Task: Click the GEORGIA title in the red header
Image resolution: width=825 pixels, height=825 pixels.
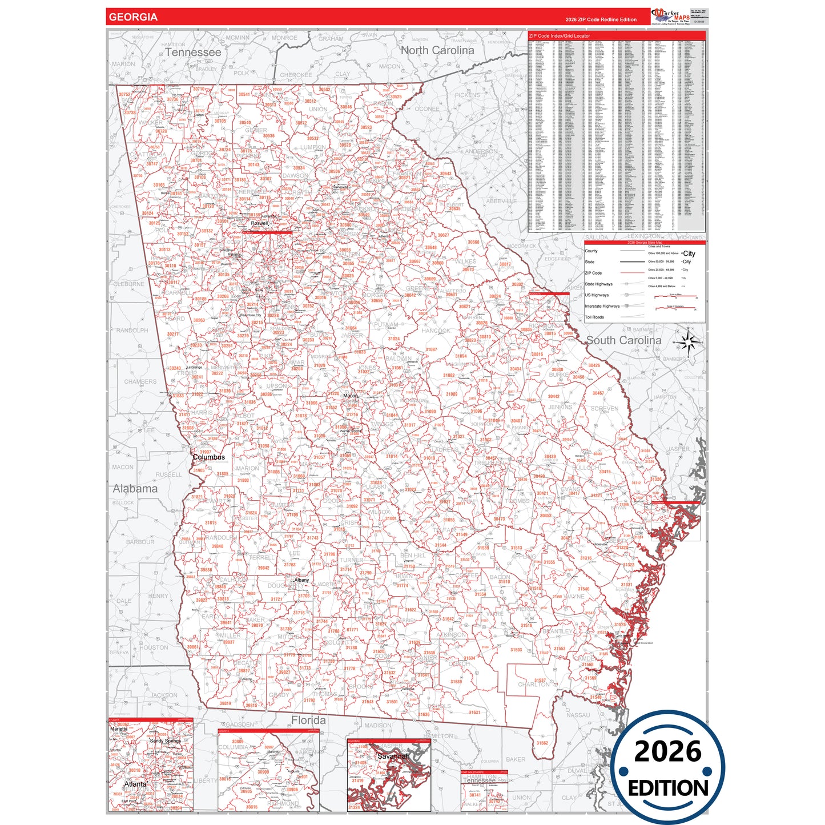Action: pos(133,17)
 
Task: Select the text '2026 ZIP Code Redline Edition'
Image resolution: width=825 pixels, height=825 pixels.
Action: pos(601,19)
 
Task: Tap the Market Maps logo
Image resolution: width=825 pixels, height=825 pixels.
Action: pos(670,17)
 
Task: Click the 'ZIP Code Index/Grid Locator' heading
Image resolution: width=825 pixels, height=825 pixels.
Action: pos(560,36)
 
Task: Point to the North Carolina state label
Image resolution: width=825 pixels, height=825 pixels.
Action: pos(437,50)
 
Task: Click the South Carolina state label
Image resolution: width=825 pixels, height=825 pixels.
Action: pos(623,340)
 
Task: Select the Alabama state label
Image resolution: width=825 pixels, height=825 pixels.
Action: pos(135,489)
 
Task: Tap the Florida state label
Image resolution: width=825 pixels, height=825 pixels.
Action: pos(308,721)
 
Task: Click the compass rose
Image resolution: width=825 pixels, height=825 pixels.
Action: pos(689,343)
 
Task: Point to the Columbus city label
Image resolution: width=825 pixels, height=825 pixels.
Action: pos(209,457)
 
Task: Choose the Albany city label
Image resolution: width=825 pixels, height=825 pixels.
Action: pos(301,580)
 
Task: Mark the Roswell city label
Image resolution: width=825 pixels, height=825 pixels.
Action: pos(259,223)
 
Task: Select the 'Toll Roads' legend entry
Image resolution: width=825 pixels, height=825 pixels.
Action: pos(594,317)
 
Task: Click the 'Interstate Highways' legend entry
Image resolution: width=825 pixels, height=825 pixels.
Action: pos(602,307)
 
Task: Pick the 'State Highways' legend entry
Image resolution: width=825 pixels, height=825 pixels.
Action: pos(598,284)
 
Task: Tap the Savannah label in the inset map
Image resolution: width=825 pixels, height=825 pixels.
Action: pos(393,756)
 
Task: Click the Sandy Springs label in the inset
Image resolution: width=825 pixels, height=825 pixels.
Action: pos(165,741)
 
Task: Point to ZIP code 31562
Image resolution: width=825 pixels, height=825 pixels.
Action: pos(542,743)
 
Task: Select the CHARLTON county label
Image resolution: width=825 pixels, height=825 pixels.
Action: pos(534,685)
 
